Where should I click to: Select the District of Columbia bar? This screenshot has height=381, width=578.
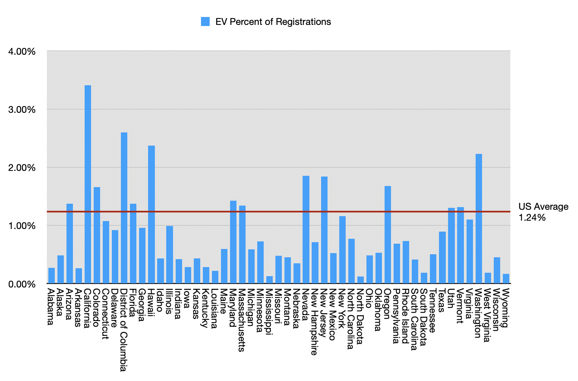pyautogui.click(x=124, y=207)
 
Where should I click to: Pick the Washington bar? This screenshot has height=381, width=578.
pyautogui.click(x=479, y=218)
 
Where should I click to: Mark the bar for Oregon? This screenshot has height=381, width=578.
pyautogui.click(x=388, y=234)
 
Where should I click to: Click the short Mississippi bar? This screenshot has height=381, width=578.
pyautogui.click(x=269, y=280)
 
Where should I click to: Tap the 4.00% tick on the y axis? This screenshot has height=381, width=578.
pyautogui.click(x=22, y=51)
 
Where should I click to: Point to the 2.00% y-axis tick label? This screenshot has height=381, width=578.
pyautogui.click(x=22, y=167)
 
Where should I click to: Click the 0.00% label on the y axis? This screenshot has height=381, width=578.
pyautogui.click(x=22, y=284)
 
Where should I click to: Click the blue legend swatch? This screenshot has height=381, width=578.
pyautogui.click(x=205, y=22)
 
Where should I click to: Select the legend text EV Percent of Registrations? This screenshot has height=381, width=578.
pyautogui.click(x=273, y=22)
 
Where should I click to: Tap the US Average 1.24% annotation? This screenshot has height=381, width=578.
pyautogui.click(x=543, y=212)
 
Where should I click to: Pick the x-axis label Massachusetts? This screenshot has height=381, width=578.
pyautogui.click(x=242, y=320)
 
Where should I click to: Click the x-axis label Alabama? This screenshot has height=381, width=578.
pyautogui.click(x=51, y=307)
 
